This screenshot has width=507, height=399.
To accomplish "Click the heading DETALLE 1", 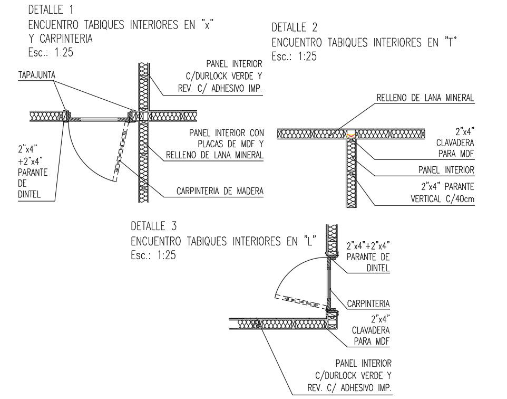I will point(51,9).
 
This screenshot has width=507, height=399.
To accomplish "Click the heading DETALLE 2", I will point(295,27).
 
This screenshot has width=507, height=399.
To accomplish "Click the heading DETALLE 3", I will point(153,226).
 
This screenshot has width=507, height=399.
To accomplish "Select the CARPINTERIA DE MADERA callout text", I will point(220,192).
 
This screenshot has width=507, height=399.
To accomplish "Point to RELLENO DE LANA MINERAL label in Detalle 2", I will point(425,98).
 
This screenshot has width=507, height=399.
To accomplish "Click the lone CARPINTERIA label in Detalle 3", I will point(368,303).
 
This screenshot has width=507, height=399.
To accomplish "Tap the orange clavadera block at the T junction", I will point(350,134).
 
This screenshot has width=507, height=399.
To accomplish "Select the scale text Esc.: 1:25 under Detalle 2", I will point(294,56).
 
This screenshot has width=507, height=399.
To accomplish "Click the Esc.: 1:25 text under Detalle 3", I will point(153,255).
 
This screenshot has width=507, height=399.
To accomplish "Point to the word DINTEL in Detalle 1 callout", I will point(30,195).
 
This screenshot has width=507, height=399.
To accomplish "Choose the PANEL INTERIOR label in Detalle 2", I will point(446,170).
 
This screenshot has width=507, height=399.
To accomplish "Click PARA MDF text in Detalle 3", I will point(372,341).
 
